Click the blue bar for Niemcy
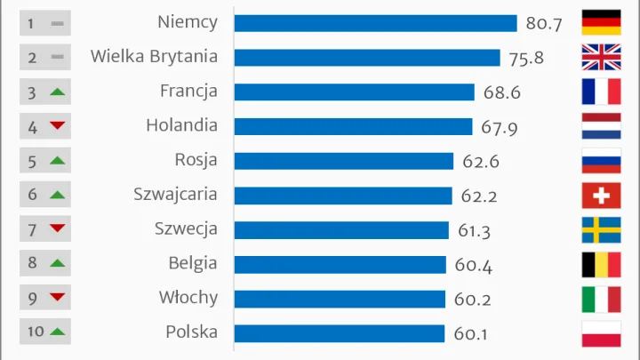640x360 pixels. coord(375,23)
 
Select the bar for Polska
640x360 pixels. coord(339,333)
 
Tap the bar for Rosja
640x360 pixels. coord(344,161)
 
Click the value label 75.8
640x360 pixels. coord(526,59)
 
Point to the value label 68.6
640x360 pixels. coord(500,92)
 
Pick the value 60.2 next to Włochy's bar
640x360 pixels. coord(472,300)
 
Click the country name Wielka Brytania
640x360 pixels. coord(154,57)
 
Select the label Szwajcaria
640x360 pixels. coord(175,195)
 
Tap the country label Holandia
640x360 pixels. coord(181,126)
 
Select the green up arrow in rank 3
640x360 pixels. coord(57,92)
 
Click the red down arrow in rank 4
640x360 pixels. coord(57,126)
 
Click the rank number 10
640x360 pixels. coord(35,332)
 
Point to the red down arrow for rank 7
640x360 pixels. coord(57,229)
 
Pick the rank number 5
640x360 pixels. coord(32,161)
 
